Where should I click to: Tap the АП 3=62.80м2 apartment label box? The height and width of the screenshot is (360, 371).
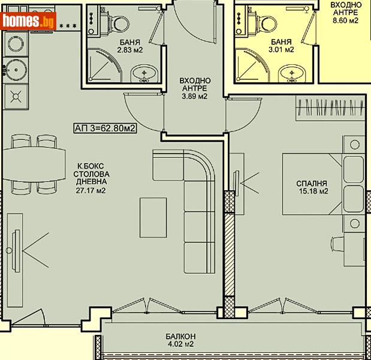click(105, 128)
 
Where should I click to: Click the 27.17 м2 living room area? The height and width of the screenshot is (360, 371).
click(91, 190)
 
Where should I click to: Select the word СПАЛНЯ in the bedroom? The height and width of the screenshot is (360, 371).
click(312, 184)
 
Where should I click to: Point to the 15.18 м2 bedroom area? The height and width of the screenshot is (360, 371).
click(313, 191)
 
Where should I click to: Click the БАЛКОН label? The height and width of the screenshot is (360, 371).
click(180, 337)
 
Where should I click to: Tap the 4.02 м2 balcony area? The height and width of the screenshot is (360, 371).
click(180, 344)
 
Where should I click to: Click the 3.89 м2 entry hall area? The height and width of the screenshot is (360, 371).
click(195, 97)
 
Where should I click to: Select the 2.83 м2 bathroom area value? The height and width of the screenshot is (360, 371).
click(129, 50)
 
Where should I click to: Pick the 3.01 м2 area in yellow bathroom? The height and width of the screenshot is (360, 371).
click(281, 50)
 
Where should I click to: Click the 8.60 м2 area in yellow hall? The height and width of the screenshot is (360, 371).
click(345, 20)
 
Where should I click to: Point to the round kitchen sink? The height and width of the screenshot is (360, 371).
click(16, 70)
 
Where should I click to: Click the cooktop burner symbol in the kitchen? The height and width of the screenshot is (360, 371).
click(16, 97)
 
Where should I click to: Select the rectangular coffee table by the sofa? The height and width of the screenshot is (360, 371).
click(153, 218)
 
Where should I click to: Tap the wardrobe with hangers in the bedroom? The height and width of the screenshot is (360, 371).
click(330, 108)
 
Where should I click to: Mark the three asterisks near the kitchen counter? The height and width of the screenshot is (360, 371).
click(68, 26)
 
